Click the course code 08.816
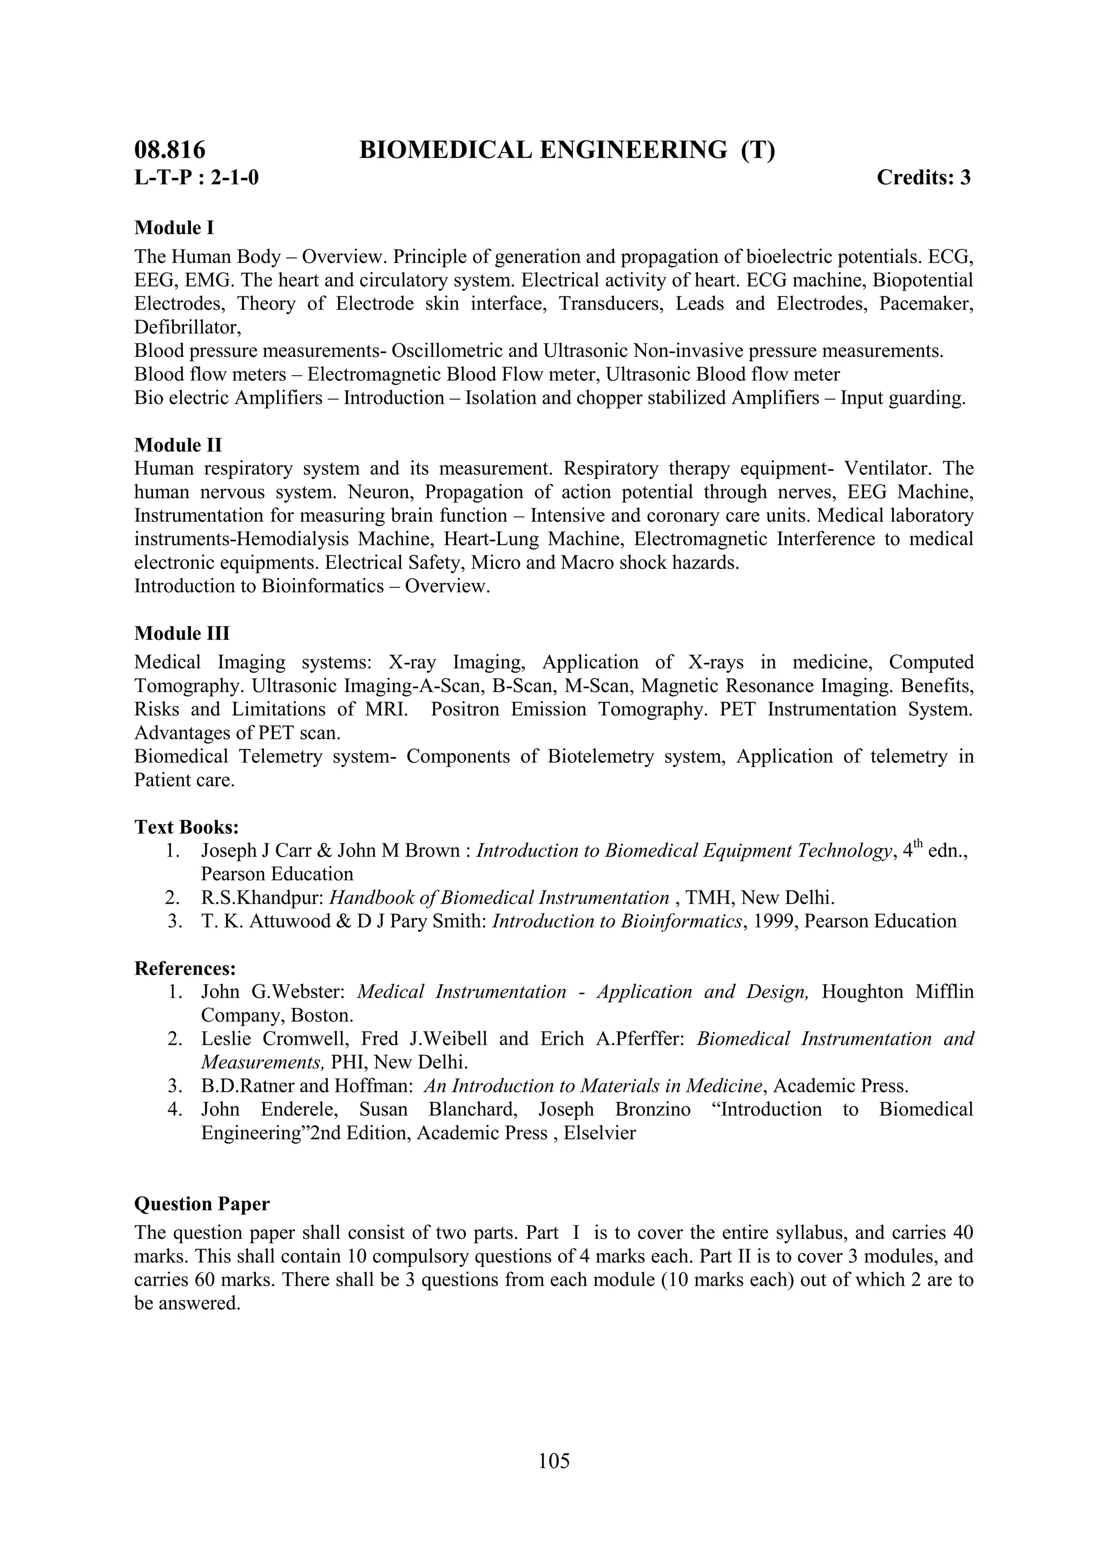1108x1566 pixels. [x=169, y=150]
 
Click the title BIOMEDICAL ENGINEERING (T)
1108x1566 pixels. [x=567, y=150]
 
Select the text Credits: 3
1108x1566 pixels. [x=923, y=177]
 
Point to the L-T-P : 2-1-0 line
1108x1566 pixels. [x=196, y=177]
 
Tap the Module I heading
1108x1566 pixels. [x=174, y=227]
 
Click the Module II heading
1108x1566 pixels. [x=177, y=446]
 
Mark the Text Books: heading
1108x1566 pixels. [x=186, y=827]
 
